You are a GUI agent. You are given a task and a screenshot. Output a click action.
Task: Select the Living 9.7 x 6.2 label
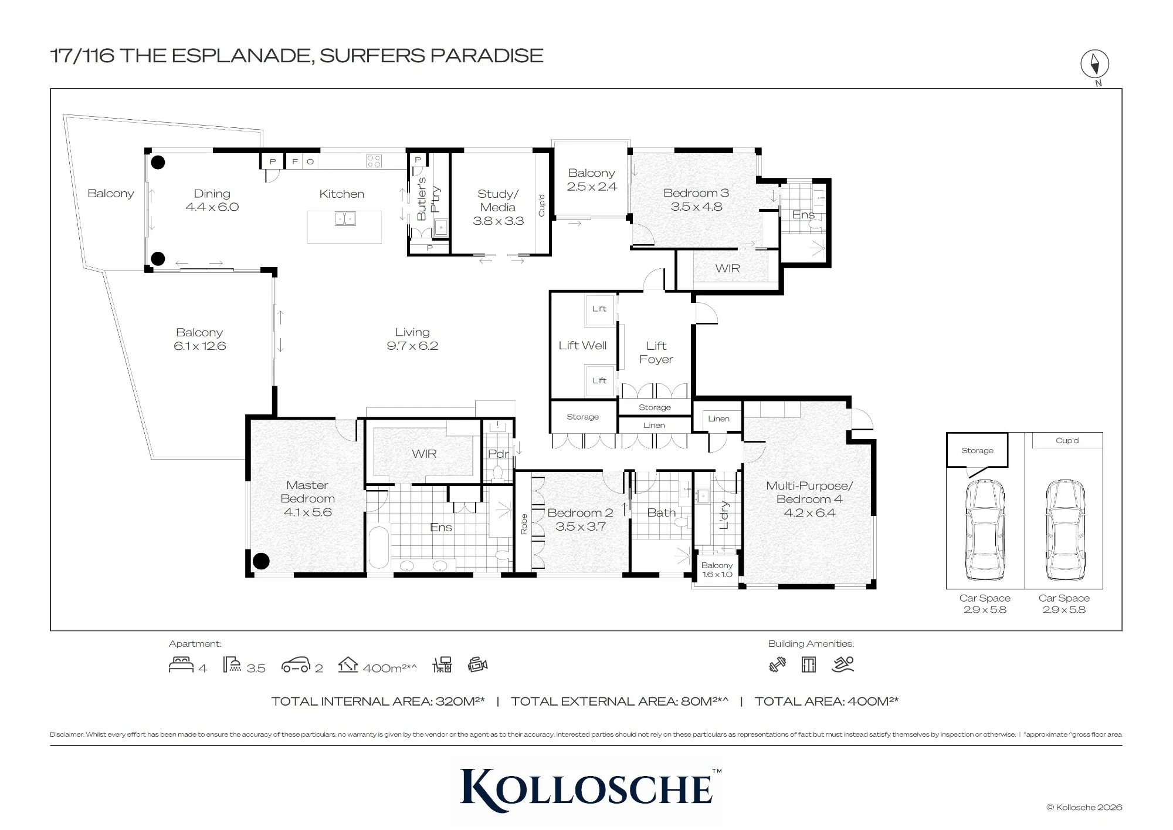(412, 339)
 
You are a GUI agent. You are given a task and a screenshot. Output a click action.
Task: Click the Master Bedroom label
(307, 492)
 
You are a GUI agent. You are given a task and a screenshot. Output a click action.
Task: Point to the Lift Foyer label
(656, 352)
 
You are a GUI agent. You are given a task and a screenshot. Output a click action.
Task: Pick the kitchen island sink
(345, 219)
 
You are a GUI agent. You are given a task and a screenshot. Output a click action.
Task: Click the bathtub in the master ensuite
(379, 547)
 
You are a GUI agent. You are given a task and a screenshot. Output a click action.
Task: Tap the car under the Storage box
(985, 530)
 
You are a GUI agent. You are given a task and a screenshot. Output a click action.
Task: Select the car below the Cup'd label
(1064, 530)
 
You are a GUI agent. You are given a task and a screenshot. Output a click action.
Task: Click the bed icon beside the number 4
(181, 664)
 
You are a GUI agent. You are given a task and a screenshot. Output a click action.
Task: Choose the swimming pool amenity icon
(843, 664)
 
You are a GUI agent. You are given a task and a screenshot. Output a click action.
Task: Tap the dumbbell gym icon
(777, 664)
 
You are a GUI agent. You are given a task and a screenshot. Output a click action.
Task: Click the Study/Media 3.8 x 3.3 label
(498, 207)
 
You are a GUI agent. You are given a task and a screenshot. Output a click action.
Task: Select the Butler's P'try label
(428, 199)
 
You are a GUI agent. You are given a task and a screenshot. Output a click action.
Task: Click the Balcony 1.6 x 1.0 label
(717, 570)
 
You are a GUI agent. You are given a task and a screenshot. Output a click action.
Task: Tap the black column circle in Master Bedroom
(261, 561)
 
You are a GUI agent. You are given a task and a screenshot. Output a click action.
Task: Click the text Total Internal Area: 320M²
(378, 701)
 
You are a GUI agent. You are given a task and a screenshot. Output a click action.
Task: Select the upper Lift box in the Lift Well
(599, 309)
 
